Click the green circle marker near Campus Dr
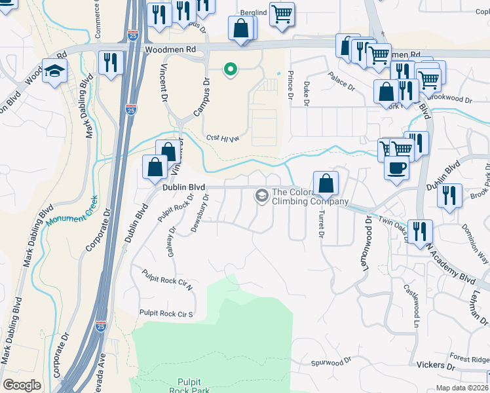(230, 69)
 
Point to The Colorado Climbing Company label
(309, 196)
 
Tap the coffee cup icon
(396, 169)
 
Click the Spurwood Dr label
(332, 362)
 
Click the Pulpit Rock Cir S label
(166, 313)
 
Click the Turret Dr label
(321, 223)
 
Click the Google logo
(22, 385)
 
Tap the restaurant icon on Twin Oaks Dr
(420, 231)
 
